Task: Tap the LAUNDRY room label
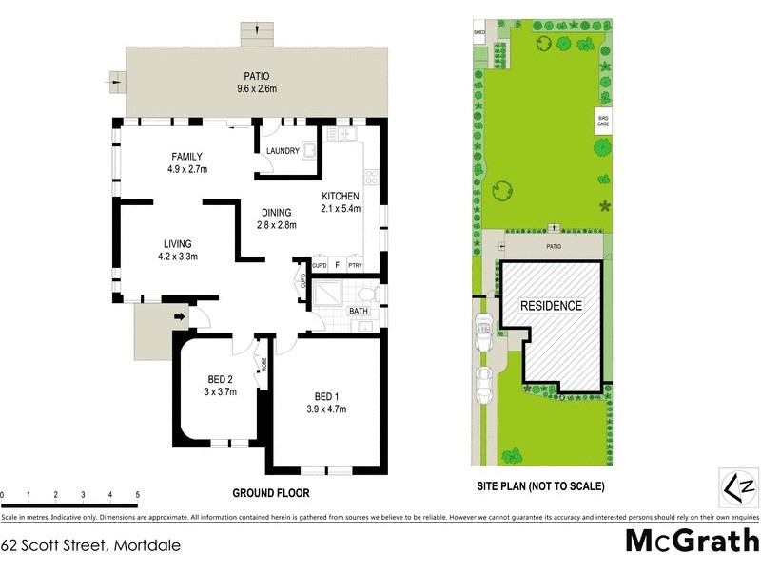click(x=283, y=151)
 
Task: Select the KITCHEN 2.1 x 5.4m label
click(x=341, y=202)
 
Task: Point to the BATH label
click(x=359, y=311)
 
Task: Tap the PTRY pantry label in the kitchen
click(x=356, y=266)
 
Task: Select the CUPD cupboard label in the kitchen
click(x=320, y=266)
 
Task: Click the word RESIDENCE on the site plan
click(x=551, y=306)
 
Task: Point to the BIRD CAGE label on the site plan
click(x=602, y=121)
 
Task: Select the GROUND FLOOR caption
click(x=271, y=494)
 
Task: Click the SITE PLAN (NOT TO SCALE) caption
click(x=540, y=485)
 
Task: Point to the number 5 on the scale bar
click(x=138, y=495)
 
